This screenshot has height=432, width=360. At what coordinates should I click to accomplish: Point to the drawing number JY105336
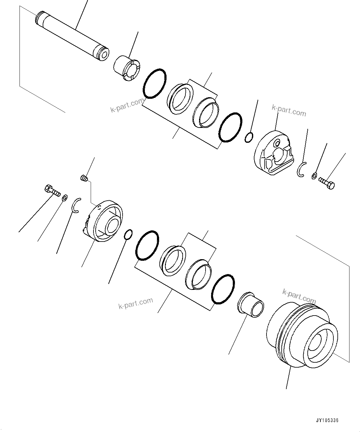(x=327, y=421)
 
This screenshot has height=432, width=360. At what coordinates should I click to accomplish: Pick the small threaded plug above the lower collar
(x=84, y=178)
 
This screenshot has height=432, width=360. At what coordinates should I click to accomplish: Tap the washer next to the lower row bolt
(x=65, y=198)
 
